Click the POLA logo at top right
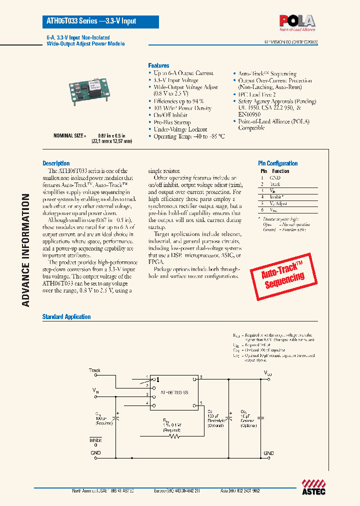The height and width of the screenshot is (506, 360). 297,22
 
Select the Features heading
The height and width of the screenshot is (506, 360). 158,65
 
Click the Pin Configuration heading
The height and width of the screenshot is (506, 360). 277,163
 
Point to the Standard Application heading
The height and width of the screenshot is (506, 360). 66,316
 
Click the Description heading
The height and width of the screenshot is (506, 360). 56,163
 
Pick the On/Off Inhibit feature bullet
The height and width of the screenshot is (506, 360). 171,115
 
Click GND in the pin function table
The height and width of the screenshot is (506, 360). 275,178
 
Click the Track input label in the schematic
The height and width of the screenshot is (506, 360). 94,370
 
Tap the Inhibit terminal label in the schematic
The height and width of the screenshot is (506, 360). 95,440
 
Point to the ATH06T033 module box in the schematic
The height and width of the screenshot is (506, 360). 175,393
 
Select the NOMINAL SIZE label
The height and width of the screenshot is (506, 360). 70,135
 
